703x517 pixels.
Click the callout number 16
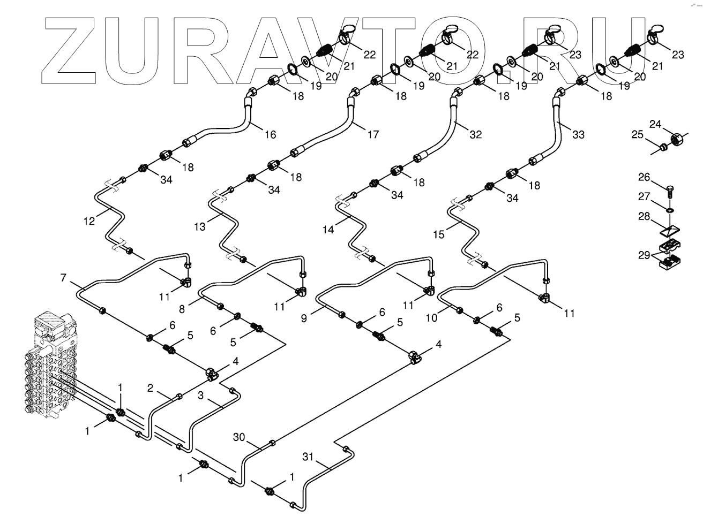coord(271,134)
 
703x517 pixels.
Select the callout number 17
coord(373,134)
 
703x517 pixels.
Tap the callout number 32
coord(475,135)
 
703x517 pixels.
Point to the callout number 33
coord(578,135)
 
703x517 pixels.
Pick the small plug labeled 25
coord(663,146)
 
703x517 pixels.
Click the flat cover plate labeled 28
coord(667,230)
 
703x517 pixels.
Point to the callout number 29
coord(644,255)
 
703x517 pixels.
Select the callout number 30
coord(239,437)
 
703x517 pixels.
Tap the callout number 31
coord(307,457)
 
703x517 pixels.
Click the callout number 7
coord(63,278)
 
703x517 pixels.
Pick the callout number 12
coord(89,219)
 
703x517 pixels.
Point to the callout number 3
coord(200,396)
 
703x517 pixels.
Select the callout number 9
coord(304,318)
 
